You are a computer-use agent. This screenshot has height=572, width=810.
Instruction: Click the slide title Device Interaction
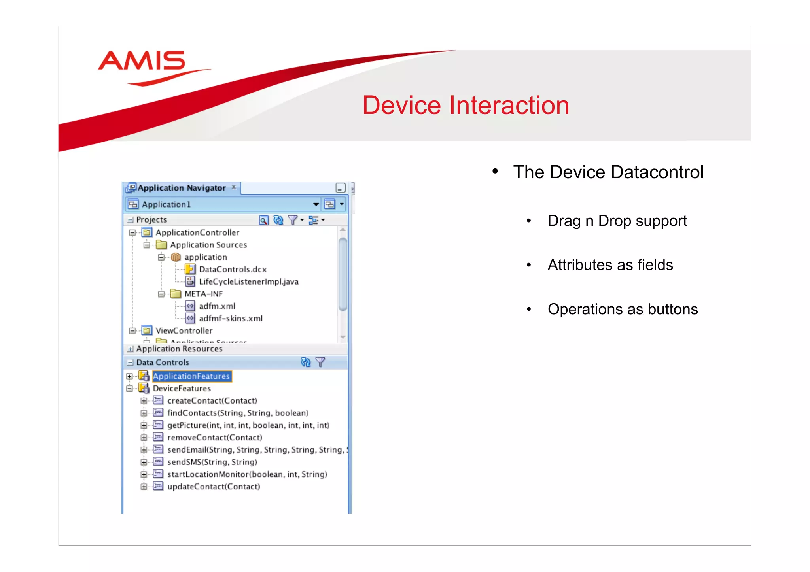466,106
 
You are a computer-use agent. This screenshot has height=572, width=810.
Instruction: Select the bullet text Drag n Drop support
617,221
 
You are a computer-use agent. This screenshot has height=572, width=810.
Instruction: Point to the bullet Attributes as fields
610,265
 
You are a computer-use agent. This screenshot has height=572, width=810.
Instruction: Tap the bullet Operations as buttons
623,310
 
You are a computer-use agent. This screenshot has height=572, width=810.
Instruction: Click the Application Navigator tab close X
234,187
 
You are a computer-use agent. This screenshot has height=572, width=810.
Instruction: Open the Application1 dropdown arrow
316,204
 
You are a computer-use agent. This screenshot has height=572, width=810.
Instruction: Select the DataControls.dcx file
233,270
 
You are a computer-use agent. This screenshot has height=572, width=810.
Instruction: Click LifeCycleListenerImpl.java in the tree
248,282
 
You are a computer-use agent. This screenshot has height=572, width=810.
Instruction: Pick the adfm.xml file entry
217,306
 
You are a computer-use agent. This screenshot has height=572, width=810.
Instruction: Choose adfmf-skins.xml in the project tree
231,319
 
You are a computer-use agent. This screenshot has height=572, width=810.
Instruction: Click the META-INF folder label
203,294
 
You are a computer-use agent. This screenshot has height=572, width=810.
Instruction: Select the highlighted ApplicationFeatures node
191,376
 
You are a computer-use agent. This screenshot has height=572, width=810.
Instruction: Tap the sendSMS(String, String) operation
212,462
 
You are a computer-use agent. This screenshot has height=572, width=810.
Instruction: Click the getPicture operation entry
248,425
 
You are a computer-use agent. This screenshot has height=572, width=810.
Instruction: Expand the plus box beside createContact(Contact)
144,401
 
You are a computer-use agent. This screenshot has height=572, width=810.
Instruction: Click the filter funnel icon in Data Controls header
320,362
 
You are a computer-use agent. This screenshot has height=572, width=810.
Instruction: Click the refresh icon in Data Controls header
306,362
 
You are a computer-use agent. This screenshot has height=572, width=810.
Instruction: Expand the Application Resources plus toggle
130,349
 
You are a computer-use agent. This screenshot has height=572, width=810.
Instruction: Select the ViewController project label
184,331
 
